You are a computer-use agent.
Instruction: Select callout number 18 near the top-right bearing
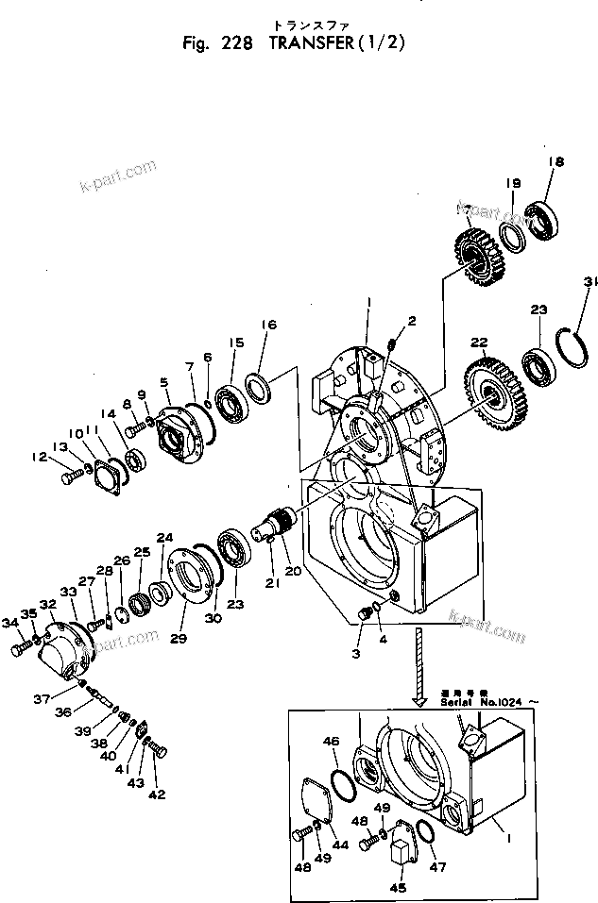(x=555, y=162)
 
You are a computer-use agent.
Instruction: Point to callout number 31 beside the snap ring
(x=589, y=281)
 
